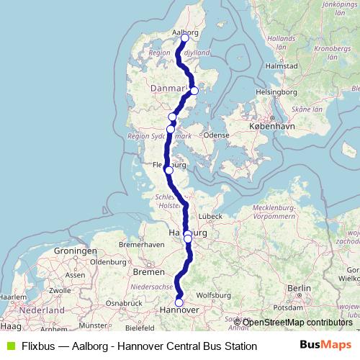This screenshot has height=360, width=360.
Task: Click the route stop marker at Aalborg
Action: tap(185, 37)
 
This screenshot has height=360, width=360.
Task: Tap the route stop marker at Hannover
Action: tap(179, 303)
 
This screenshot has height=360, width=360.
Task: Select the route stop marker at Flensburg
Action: tap(168, 171)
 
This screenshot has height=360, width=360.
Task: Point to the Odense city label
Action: tap(216, 135)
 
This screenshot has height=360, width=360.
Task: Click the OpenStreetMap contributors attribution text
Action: tap(297, 322)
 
